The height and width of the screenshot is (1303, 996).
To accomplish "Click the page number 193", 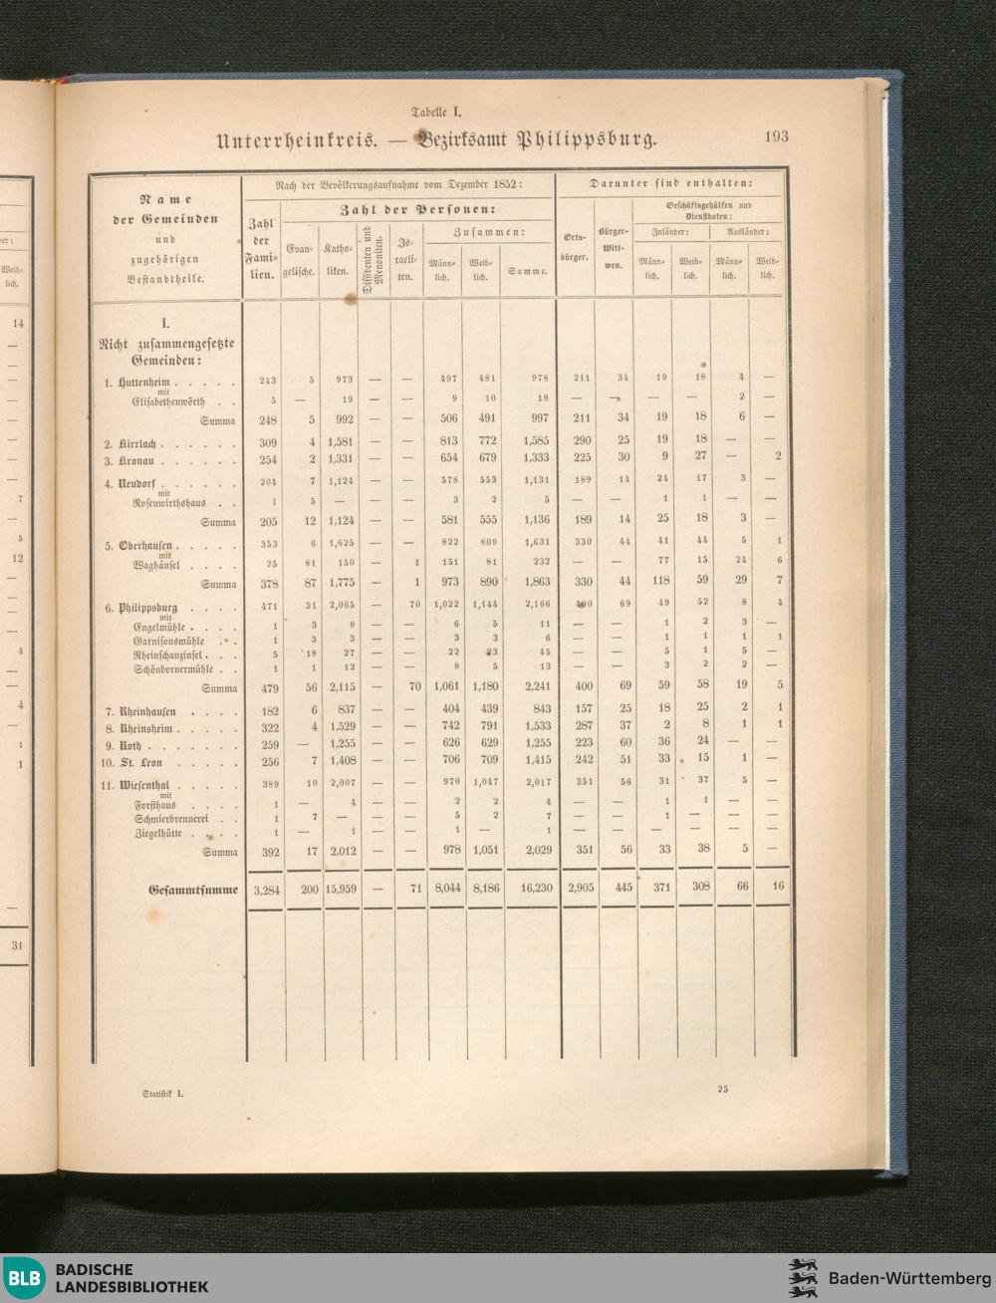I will (776, 137).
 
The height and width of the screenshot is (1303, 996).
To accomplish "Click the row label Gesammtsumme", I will (193, 890).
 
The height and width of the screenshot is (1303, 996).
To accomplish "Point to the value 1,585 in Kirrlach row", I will (535, 442).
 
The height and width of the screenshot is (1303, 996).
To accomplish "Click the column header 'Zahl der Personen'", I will (418, 210).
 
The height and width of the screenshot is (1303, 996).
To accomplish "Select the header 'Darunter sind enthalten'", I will (672, 184).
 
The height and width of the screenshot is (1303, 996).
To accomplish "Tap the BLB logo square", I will (24, 1278).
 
